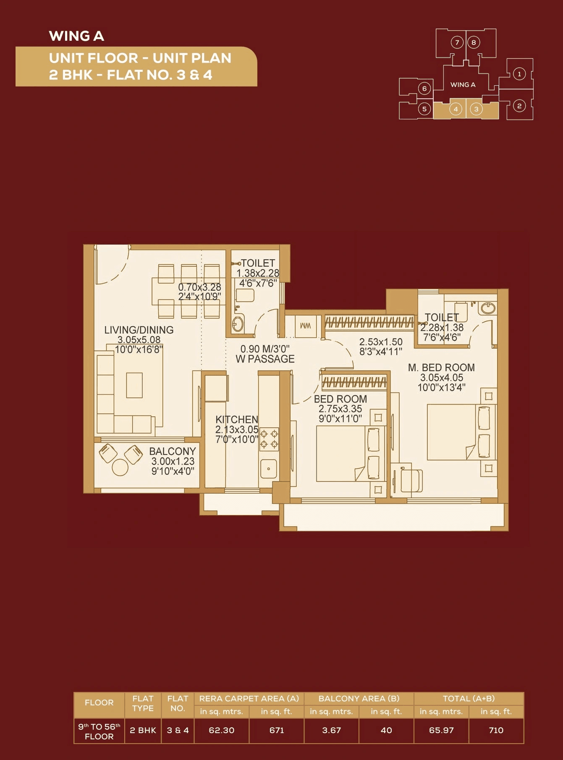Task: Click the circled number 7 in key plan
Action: tap(457, 42)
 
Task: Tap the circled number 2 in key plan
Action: tap(519, 106)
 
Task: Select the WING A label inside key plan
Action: tap(463, 85)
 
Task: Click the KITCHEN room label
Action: tap(236, 419)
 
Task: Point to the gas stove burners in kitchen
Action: tap(269, 439)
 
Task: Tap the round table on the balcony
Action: tap(120, 468)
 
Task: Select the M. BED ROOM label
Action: tap(441, 368)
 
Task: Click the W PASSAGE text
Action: tap(265, 359)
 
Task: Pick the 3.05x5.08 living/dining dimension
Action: tap(139, 339)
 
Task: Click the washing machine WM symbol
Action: tap(306, 326)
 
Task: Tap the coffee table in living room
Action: tap(134, 385)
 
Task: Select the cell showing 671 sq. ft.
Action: tap(276, 730)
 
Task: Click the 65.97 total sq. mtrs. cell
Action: tap(441, 730)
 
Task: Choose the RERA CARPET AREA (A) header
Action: tap(249, 698)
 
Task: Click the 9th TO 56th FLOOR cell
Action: tap(99, 731)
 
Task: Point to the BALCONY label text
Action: tap(172, 451)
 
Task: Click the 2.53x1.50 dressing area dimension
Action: tap(381, 342)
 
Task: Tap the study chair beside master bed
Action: tap(411, 481)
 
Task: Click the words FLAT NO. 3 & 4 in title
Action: tap(160, 75)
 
